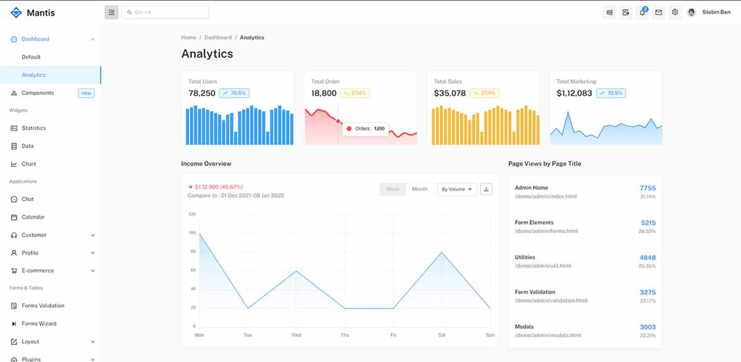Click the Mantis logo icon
tap(16, 13)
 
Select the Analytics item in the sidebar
tap(34, 75)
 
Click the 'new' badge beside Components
tap(86, 93)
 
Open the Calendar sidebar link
tap(33, 217)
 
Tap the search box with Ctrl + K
tap(165, 13)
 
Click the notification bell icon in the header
tap(642, 13)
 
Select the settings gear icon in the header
tap(674, 13)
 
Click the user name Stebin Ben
tap(716, 13)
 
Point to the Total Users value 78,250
tap(202, 93)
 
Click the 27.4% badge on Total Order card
tap(356, 93)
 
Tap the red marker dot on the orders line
tap(339, 120)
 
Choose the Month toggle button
tap(419, 189)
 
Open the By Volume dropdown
tap(456, 189)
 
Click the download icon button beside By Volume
tap(486, 189)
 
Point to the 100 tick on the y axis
tap(192, 233)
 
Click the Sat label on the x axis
tap(442, 335)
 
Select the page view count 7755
tap(647, 188)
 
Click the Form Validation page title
tap(534, 292)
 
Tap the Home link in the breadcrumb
tap(189, 38)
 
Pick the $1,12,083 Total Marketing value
tap(574, 93)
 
